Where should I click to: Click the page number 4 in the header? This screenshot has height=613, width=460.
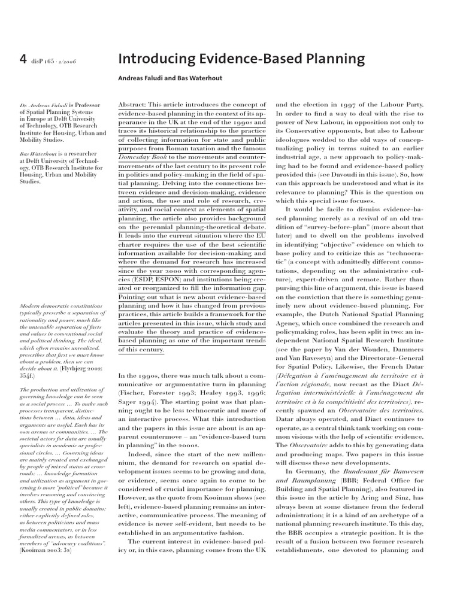coord(23,59)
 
